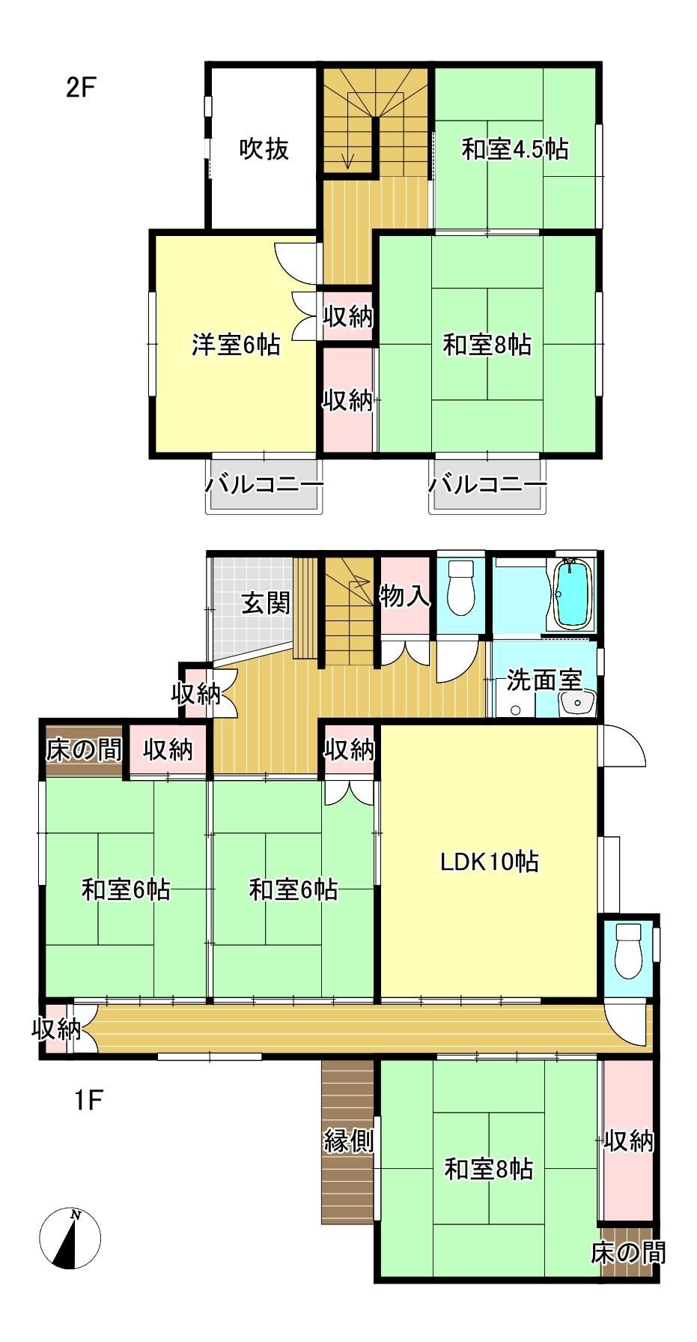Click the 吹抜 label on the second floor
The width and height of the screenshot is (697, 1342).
coord(264,149)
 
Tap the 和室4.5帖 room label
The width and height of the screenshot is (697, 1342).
coord(515,149)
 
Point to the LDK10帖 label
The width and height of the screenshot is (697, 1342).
coord(489,862)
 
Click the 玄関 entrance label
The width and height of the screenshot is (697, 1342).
coord(266,602)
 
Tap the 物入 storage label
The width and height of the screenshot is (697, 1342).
coord(405,596)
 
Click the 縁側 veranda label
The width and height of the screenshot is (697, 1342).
coord(348,1141)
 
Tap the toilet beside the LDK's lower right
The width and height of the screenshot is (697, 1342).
coord(627,951)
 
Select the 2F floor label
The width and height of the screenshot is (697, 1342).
coord(82,88)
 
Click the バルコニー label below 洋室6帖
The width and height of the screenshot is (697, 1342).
coord(264,485)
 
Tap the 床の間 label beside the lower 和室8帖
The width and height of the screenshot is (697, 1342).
coord(627,1251)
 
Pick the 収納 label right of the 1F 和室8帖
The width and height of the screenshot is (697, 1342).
coord(629,1141)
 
